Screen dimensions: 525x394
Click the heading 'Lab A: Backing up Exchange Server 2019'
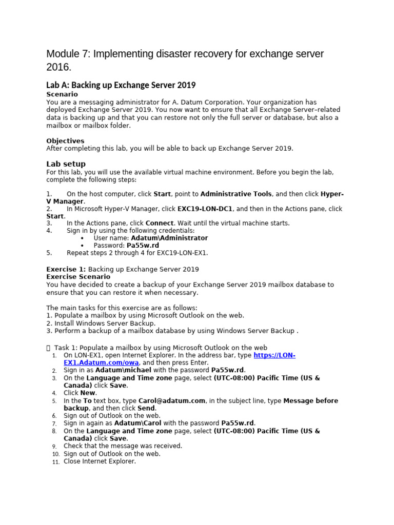click(x=121, y=85)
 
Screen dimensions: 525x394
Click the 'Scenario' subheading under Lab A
click(x=62, y=94)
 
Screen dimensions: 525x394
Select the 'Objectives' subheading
click(x=65, y=141)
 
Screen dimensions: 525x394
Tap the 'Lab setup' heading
click(x=66, y=164)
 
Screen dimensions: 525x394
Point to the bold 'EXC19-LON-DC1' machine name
click(x=205, y=209)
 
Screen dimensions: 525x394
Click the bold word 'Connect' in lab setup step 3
click(x=160, y=224)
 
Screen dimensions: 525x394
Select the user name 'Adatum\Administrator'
click(x=169, y=238)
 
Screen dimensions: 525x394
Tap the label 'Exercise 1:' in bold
click(x=66, y=269)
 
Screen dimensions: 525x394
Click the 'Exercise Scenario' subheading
click(x=78, y=277)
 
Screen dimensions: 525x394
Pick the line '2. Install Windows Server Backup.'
click(x=101, y=324)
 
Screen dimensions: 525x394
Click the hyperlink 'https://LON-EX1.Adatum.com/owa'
click(x=274, y=355)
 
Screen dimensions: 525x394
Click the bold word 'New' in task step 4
click(x=88, y=393)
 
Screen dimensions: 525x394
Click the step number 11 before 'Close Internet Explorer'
click(x=56, y=462)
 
